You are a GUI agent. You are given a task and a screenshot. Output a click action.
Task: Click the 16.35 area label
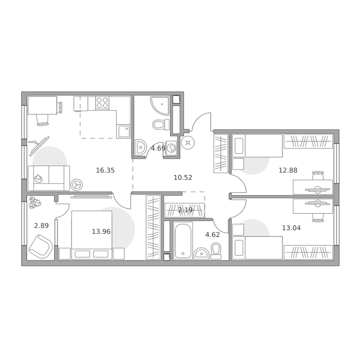[105, 170]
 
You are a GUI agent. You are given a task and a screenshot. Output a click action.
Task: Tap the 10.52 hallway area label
[183, 178]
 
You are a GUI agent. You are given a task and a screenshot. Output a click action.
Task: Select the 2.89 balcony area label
[41, 226]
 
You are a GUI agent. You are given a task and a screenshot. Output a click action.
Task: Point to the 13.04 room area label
[291, 228]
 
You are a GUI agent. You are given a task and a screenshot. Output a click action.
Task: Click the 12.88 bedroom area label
[288, 170]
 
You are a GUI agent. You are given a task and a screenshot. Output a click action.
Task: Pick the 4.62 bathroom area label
[212, 235]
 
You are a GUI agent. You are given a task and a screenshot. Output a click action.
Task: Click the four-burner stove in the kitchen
[102, 103]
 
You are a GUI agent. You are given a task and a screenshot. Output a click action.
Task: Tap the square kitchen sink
[124, 131]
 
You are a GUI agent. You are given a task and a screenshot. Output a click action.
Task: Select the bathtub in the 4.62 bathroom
[183, 240]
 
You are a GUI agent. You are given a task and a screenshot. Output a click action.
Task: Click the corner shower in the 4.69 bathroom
[160, 106]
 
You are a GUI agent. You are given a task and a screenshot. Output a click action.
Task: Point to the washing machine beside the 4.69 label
[171, 147]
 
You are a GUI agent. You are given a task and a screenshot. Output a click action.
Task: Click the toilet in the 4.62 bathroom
[216, 251]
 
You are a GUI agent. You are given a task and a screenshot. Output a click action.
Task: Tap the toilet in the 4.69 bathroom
[161, 125]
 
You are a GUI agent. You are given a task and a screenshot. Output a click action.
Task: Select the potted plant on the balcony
[35, 203]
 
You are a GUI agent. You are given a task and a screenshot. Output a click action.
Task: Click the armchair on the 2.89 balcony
[40, 247]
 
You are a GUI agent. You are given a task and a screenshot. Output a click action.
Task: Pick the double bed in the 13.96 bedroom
[92, 235]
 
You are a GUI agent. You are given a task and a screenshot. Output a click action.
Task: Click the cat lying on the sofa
[38, 178]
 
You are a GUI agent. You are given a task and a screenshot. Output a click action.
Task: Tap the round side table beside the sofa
[76, 185]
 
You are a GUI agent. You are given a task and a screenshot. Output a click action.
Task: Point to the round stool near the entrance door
[188, 143]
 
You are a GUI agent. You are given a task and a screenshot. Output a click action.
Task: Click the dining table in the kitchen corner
[42, 106]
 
